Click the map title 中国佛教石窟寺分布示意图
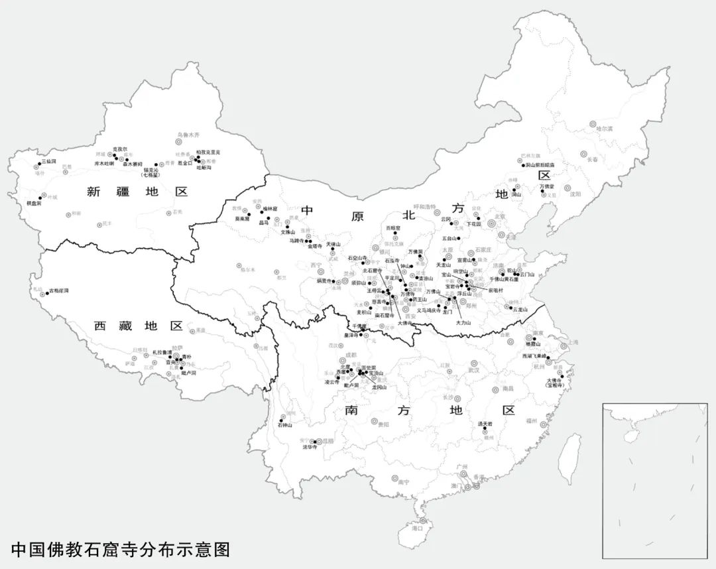point(121,550)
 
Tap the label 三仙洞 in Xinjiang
point(48,161)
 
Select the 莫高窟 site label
point(243,218)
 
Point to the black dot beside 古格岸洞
point(44,292)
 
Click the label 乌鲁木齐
point(188,135)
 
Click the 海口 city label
point(417,528)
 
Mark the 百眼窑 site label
point(394,227)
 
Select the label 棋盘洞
point(34,203)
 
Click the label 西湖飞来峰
point(538,356)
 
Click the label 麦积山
point(365,311)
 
